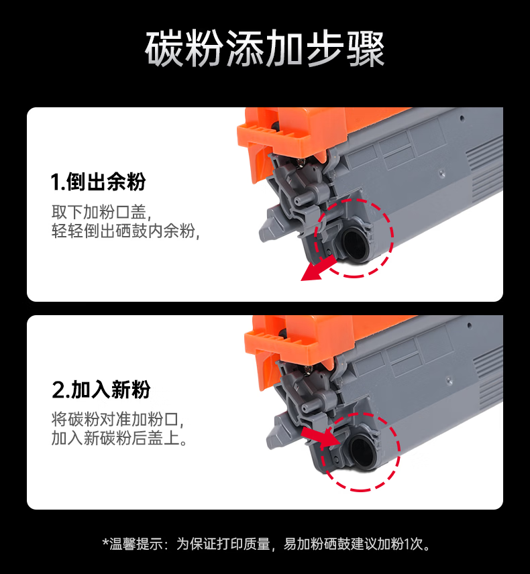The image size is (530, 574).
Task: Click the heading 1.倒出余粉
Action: pyautogui.click(x=98, y=182)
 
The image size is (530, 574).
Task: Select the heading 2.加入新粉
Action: pyautogui.click(x=101, y=390)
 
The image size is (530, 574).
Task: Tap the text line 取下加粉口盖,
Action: pyautogui.click(x=101, y=212)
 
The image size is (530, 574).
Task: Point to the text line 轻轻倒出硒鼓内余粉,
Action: pyautogui.click(x=125, y=231)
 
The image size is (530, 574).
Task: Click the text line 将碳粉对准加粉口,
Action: pyautogui.click(x=117, y=420)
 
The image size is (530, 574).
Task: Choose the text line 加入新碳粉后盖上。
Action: pyautogui.click(x=119, y=438)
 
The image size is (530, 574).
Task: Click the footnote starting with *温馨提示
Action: pyautogui.click(x=266, y=544)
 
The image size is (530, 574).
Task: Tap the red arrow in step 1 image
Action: pyautogui.click(x=317, y=269)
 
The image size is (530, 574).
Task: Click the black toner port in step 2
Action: pyautogui.click(x=362, y=451)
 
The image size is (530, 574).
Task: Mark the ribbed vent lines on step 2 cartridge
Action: pyautogui.click(x=488, y=377)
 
